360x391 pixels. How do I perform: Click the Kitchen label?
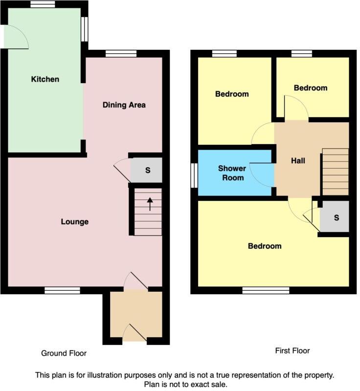point(45,79)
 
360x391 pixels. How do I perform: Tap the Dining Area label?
point(124,105)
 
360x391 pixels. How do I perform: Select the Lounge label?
point(74,222)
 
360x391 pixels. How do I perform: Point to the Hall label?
point(298,160)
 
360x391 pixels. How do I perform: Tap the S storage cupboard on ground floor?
point(147,171)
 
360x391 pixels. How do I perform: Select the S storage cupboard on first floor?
point(336,217)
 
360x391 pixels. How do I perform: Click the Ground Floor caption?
point(64,353)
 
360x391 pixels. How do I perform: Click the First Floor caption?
point(292,350)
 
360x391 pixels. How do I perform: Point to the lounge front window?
point(62,290)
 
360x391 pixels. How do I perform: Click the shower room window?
point(194,175)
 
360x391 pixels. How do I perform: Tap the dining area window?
point(114,54)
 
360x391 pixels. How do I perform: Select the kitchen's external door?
point(15,37)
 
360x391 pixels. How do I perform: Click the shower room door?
point(262,174)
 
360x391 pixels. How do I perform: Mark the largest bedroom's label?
point(265,246)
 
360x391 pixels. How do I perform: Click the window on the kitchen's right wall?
point(85,29)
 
